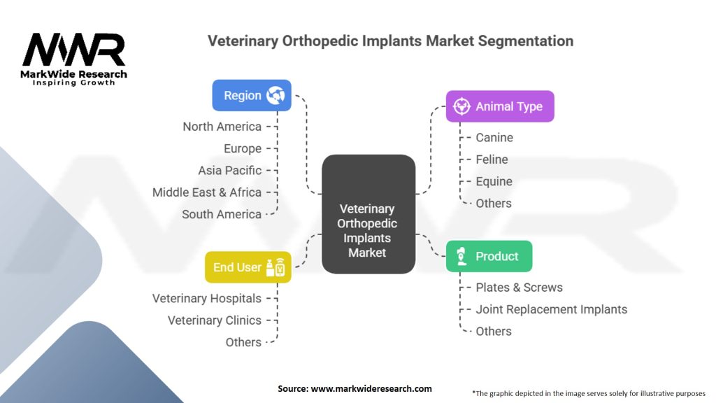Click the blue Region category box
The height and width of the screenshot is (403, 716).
click(252, 95)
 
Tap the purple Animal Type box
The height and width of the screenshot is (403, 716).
click(499, 106)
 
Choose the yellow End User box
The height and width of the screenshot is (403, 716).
click(248, 267)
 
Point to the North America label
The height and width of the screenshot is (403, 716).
click(222, 127)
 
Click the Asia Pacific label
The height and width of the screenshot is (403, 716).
click(229, 170)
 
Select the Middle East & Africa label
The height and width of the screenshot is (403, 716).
click(207, 192)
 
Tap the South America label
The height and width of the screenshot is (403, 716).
click(222, 214)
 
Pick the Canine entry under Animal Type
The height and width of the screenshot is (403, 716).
click(494, 138)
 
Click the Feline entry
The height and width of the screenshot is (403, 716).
click(492, 160)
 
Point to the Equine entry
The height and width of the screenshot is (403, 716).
click(494, 181)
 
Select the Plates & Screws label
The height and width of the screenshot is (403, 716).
click(519, 288)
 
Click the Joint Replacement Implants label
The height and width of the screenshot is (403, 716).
click(551, 309)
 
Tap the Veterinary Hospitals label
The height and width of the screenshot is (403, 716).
click(207, 299)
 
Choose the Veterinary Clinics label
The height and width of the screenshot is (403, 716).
click(214, 320)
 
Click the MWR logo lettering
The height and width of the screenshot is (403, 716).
click(74, 50)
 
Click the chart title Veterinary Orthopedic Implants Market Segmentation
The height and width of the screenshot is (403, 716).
click(390, 41)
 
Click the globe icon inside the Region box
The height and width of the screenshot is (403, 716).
click(275, 95)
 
